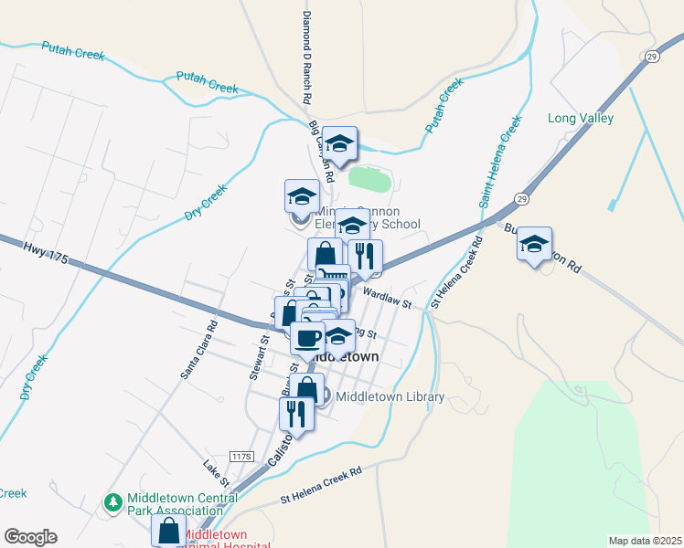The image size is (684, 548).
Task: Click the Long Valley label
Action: click(x=580, y=118)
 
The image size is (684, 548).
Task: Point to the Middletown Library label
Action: click(x=390, y=396)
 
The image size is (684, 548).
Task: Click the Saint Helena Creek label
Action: click(x=500, y=158)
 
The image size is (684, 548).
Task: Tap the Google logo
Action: click(x=30, y=537)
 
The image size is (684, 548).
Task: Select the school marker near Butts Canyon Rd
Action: click(x=534, y=245)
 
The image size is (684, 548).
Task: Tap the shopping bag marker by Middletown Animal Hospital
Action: click(x=169, y=530)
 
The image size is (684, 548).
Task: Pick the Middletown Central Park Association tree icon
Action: click(x=113, y=502)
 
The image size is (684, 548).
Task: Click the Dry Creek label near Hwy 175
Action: click(x=205, y=202)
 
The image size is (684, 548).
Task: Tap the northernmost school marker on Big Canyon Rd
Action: click(x=339, y=143)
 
